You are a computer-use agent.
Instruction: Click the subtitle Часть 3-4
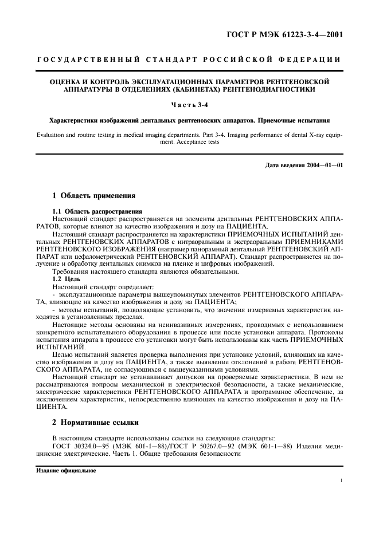189,105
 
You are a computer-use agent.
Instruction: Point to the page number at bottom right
341,482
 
